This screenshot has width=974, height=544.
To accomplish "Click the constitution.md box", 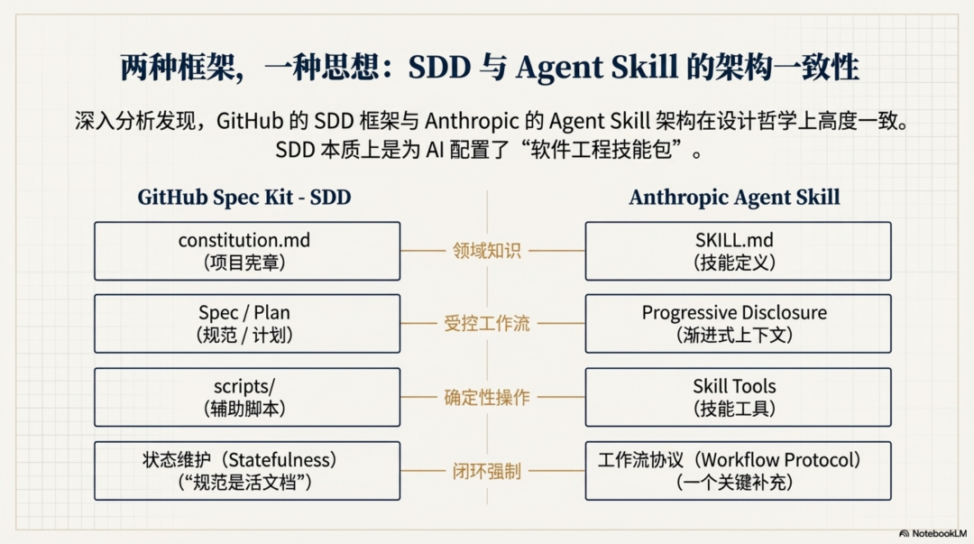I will pos(246,251).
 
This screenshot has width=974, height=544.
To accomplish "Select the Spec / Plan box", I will pos(246,323).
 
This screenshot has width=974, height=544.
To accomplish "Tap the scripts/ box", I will pos(246,397).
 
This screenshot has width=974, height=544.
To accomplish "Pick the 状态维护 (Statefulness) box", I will pos(246,470).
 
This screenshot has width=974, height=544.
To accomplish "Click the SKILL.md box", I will pos(738,251).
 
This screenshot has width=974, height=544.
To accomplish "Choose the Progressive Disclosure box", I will pos(738,323).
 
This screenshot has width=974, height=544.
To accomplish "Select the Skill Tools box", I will pos(738,397).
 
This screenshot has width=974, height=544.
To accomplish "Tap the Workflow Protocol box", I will pos(738,470).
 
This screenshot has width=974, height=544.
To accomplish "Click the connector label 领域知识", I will pos(487,251).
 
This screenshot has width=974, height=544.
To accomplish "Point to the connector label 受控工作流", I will pos(487,324).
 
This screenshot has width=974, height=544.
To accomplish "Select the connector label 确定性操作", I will pos(487,397).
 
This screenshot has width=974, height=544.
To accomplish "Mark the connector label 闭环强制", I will pos(487,471).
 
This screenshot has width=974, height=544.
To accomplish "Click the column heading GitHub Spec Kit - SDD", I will pos(244,198).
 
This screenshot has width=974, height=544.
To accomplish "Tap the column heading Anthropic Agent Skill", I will pos(734,198).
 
